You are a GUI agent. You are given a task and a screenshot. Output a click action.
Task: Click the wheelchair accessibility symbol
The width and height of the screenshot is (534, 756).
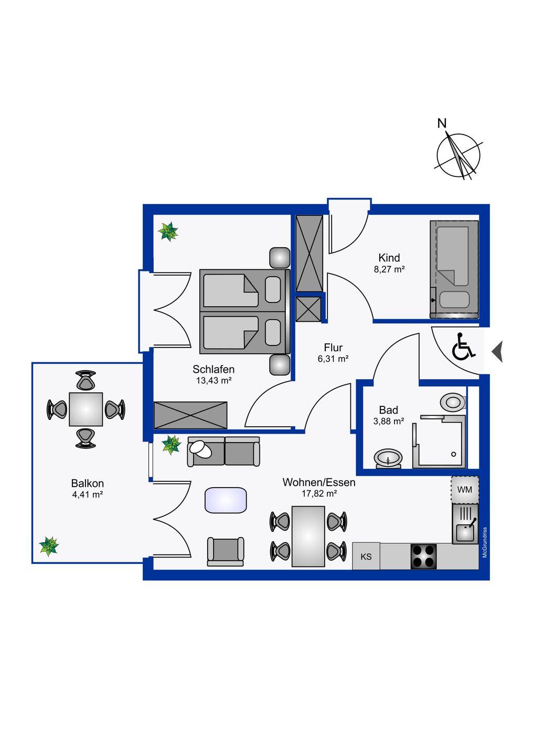click(464, 346)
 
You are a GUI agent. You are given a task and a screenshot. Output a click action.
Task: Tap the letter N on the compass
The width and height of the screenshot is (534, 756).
click(442, 123)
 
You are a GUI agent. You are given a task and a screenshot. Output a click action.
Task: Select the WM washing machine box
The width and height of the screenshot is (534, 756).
click(465, 490)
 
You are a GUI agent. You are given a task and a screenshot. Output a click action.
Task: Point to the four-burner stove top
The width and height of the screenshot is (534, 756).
click(423, 556)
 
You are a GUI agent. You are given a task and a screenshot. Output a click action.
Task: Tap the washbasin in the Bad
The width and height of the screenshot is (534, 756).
click(388, 459)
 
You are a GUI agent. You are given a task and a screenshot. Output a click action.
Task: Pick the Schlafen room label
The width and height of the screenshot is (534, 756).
click(213, 369)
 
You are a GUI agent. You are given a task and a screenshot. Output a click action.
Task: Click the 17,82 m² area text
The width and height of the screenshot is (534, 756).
click(319, 493)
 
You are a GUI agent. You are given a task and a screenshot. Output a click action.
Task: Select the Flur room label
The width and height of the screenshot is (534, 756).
click(333, 348)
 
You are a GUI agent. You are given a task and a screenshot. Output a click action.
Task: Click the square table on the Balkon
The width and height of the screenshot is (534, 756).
click(86, 409)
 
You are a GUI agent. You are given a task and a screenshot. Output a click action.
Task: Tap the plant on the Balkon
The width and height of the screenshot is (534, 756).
click(49, 547)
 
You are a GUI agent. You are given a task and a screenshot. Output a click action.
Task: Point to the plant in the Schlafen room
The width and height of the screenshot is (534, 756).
click(168, 231)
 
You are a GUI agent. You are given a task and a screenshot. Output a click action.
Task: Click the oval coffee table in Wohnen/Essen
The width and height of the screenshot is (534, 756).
click(226, 500)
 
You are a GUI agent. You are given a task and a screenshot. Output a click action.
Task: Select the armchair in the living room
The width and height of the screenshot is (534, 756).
click(225, 551)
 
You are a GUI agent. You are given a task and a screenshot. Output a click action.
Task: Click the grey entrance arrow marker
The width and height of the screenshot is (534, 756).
click(498, 352)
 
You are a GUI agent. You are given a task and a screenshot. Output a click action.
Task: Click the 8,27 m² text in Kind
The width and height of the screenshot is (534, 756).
click(389, 269)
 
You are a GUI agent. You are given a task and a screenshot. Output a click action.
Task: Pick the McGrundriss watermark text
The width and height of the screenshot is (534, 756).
click(485, 542)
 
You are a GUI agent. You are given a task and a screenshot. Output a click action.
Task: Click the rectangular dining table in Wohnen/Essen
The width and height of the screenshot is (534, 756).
click(308, 537)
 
